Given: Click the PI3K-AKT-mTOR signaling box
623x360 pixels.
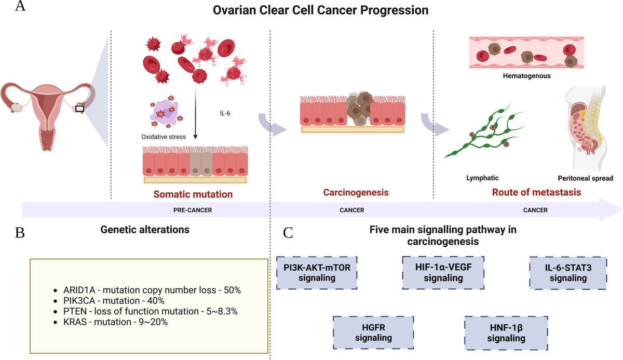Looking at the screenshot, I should click(x=317, y=272).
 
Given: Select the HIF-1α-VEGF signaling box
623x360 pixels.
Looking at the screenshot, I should click(x=443, y=272).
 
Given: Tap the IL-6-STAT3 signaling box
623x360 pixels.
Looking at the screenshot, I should click(x=568, y=272).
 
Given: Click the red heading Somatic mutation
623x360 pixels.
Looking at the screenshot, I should click(x=192, y=195).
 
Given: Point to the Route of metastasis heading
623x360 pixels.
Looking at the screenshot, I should click(x=536, y=193).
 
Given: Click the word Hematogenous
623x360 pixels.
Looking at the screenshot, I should click(x=526, y=76).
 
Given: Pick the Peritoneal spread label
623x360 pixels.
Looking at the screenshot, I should click(x=586, y=178).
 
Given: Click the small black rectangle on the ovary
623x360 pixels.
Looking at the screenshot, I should click(x=79, y=109).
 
